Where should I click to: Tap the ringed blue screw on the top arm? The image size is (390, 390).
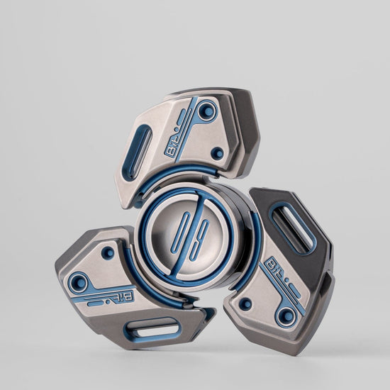point(208,110)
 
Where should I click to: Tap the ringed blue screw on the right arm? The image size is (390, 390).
point(287,316)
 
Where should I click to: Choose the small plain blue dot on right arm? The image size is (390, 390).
point(245,303)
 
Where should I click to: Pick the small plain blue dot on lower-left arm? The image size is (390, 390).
point(108,252)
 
